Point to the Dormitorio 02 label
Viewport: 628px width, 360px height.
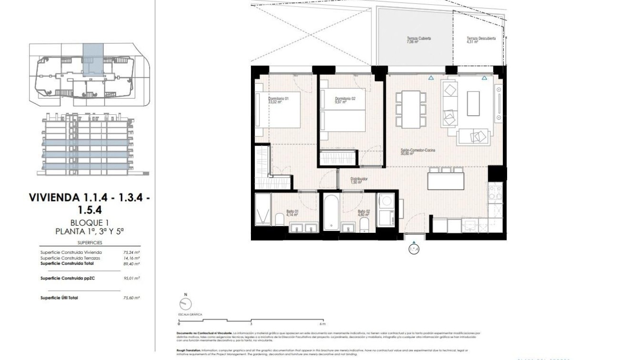tap(345, 99)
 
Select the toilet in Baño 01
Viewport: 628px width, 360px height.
tap(279, 219)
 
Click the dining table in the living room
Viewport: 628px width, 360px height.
tap(411, 109)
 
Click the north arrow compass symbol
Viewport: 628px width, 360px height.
tap(186, 303)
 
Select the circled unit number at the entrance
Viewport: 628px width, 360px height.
tap(414, 249)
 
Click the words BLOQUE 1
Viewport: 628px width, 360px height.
tap(90, 222)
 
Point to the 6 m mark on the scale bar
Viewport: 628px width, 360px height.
tap(323, 323)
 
